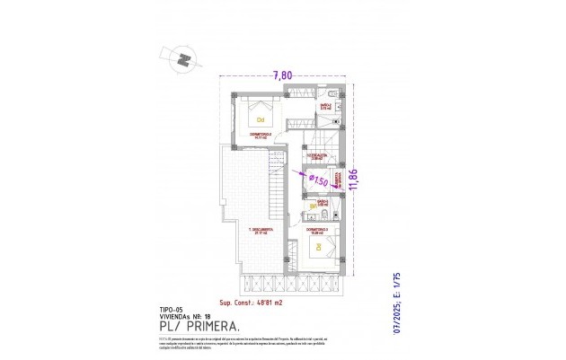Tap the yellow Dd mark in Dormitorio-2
pyautogui.click(x=261, y=119)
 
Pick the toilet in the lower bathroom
pyautogui.click(x=334, y=214)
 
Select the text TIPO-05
pyautogui.click(x=171, y=310)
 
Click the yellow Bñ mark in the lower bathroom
pyautogui.click(x=314, y=207)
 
